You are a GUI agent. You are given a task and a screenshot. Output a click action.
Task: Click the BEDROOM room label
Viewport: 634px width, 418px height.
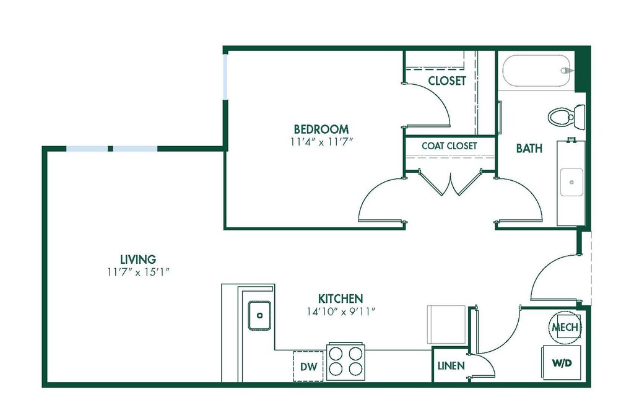coord(321,129)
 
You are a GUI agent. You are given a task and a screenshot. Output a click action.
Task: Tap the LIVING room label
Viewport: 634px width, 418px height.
coord(137,259)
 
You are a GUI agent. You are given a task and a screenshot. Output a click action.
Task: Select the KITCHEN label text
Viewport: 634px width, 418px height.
coord(341,298)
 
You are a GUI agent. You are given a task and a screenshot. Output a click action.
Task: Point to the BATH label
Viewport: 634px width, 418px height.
coord(529,148)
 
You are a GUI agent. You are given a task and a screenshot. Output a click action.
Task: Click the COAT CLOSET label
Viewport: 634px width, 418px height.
coord(449,146)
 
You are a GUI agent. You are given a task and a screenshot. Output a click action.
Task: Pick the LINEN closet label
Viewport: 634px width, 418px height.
coord(451,366)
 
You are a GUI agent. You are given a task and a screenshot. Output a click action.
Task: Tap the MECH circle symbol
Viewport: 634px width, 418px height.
coord(565,326)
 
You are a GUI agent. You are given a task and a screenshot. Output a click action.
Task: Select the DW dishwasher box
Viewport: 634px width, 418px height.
coord(308,367)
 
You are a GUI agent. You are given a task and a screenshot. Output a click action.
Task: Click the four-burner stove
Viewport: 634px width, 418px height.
coord(345,361)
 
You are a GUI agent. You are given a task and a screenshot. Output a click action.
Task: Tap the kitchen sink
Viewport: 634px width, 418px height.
coord(259,315)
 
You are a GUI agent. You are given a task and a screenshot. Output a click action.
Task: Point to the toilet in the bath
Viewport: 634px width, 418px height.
coord(567,116)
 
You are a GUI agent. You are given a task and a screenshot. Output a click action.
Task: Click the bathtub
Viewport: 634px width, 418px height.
coord(536,72)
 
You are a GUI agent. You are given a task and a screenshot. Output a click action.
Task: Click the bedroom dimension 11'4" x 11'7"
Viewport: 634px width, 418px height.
coord(321,141)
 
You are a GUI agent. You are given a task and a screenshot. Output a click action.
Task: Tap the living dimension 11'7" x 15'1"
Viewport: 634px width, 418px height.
coord(137,271)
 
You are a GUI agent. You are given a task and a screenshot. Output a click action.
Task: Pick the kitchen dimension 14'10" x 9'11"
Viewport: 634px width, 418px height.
coord(341,310)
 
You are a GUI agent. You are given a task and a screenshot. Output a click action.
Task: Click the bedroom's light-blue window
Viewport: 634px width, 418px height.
coord(225,76)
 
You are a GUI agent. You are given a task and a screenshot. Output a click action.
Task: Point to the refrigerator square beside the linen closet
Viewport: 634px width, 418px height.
coord(446,323)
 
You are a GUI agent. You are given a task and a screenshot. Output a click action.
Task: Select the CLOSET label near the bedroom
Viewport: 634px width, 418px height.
coord(446,81)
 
